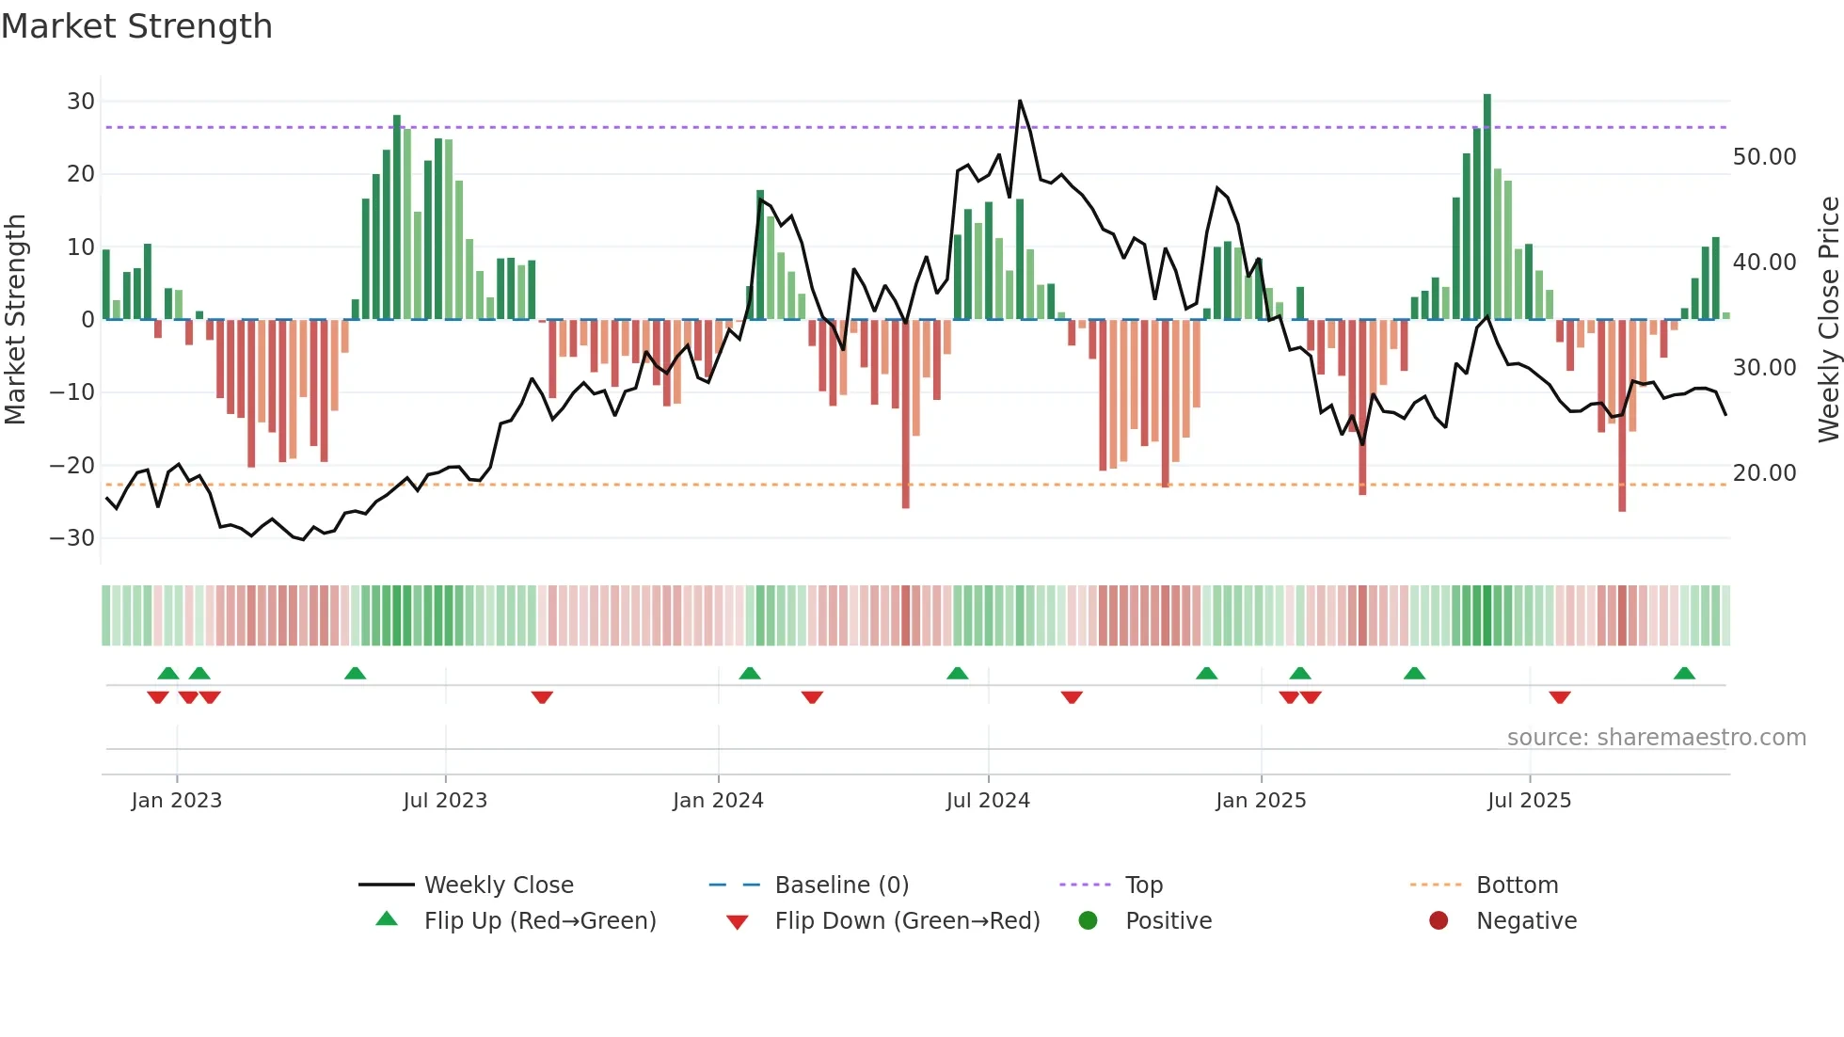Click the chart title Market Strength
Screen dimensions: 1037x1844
coord(136,26)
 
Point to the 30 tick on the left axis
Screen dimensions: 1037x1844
coord(81,102)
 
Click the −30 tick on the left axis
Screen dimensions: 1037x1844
coord(72,538)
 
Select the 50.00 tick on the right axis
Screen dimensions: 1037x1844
coord(1764,157)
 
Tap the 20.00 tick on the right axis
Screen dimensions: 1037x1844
coord(1764,473)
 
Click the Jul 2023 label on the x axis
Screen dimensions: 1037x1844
coord(445,801)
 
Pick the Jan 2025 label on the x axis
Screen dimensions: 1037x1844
coord(1261,801)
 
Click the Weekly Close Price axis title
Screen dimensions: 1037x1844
coord(1828,320)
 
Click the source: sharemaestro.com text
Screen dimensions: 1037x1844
coord(1656,738)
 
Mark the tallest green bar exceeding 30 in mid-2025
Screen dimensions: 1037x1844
coord(1487,207)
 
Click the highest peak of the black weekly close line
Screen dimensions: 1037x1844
coord(1020,102)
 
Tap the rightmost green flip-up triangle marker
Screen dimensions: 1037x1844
coord(1684,674)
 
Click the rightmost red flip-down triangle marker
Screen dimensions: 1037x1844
coord(1560,697)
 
